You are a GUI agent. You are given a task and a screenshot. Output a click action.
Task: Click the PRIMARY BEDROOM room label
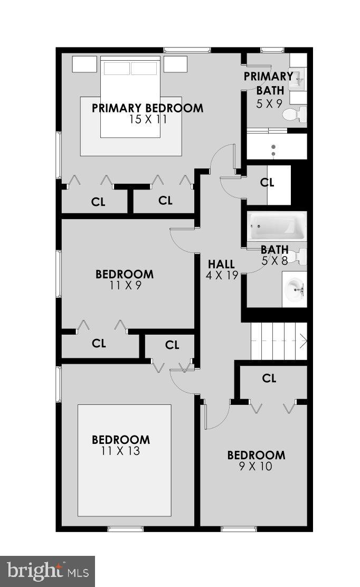pos(147,108)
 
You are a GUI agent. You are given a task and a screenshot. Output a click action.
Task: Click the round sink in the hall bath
pos(293,288)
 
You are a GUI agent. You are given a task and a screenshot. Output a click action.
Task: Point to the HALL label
pos(221,264)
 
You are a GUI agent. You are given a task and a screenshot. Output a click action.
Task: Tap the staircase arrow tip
pos(305,342)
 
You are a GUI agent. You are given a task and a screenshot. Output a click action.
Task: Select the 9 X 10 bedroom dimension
pos(256,467)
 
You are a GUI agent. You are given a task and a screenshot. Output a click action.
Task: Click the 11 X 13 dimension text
pos(120,451)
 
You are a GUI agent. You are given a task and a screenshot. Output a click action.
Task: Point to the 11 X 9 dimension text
pos(125,286)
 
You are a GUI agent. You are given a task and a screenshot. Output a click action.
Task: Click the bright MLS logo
pos(47,571)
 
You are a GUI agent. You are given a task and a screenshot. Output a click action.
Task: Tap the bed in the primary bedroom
pos(130,98)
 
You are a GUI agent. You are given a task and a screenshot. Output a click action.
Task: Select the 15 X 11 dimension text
pos(148,119)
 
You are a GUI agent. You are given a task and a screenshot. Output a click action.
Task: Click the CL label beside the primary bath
pos(268,183)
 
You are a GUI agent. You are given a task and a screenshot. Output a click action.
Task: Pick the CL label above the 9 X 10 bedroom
pos(269,378)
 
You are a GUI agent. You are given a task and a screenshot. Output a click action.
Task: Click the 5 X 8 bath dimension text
pos(274,260)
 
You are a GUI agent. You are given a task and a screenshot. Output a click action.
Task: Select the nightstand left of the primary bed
pos(84,64)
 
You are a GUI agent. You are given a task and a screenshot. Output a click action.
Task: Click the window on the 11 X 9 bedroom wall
pos(59,273)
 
